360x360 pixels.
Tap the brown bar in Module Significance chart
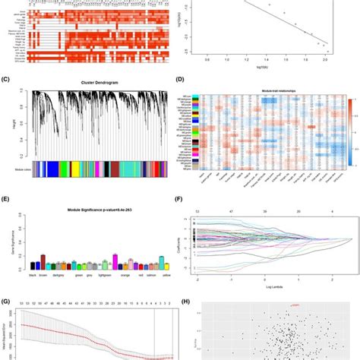coord(43,262)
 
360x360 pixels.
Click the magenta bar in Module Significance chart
coord(115,262)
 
